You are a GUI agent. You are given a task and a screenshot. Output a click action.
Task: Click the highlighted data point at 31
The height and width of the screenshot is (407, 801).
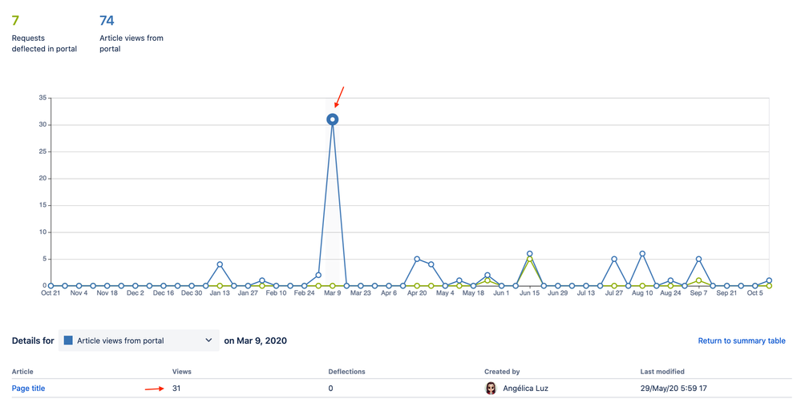tap(332, 119)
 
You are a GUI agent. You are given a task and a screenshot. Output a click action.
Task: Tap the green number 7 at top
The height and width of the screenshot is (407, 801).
tap(15, 20)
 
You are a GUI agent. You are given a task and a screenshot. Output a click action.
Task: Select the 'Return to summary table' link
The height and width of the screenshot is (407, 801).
tap(742, 341)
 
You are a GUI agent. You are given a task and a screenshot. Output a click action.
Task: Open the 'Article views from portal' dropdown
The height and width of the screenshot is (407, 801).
tap(139, 341)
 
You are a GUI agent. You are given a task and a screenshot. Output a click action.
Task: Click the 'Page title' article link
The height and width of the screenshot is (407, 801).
tap(28, 389)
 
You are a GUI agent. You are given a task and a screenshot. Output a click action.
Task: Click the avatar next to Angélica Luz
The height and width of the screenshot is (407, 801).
tap(491, 389)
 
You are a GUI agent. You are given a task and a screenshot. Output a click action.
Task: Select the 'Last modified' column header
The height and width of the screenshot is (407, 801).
tap(662, 372)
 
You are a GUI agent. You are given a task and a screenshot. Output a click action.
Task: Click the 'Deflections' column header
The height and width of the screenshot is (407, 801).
tap(346, 372)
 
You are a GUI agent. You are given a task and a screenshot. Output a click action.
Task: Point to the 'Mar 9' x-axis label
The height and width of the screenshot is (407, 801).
tap(332, 293)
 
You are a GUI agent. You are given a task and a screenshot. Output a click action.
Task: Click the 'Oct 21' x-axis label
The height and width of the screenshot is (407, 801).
tap(51, 293)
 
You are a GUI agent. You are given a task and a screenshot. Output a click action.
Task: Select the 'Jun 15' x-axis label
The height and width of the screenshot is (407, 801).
tap(529, 293)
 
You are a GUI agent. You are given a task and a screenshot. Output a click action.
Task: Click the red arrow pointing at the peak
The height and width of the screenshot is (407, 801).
tap(339, 97)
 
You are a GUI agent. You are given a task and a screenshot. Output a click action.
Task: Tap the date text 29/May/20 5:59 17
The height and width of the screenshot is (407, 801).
tap(674, 389)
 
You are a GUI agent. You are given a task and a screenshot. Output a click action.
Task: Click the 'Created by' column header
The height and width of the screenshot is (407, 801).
tap(502, 372)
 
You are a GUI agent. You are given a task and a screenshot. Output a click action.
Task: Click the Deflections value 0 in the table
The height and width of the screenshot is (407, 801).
tap(331, 389)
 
